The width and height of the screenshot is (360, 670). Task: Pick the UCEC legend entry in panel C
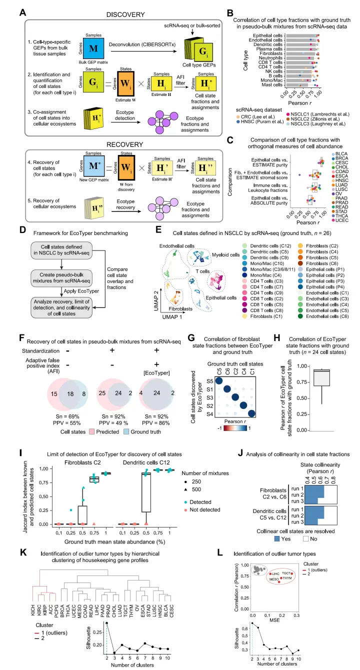(349, 220)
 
